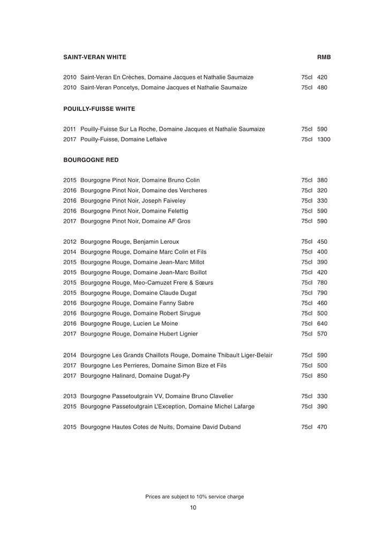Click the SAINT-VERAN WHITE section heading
(94, 57)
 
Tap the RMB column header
(324, 57)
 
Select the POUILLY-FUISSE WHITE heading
(99, 109)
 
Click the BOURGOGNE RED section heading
(91, 160)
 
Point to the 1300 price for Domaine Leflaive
(324, 139)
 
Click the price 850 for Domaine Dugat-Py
(322, 376)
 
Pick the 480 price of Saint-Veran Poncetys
(322, 87)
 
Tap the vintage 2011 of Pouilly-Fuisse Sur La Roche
(70, 129)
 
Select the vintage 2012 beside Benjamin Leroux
(70, 242)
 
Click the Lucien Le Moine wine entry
(129, 324)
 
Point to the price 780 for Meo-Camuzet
(322, 283)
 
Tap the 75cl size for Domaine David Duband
(307, 427)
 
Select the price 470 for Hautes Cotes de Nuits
(322, 427)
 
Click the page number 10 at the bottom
(193, 508)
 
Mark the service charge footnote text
(194, 497)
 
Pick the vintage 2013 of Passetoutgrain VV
(70, 396)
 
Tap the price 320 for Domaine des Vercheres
(322, 190)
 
